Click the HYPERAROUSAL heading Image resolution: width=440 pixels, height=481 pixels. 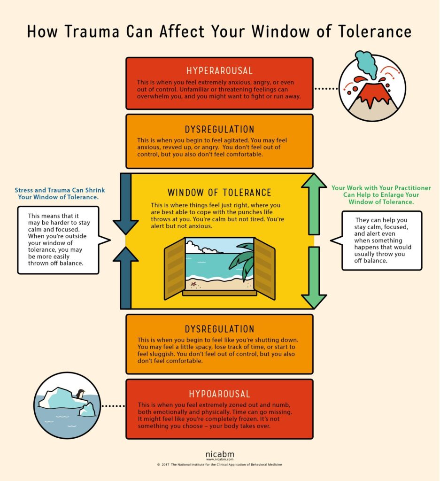pos(219,71)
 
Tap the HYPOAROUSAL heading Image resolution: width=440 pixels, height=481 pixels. pos(219,394)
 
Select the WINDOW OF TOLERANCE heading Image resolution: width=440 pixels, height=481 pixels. pos(219,193)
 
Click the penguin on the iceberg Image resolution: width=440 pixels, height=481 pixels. pos(80,395)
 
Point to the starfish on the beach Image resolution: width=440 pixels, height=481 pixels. pos(193,284)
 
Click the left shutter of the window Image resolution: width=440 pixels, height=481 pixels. pos(174,269)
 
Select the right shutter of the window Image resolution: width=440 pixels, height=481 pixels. pos(264,269)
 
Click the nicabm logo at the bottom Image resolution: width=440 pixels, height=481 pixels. pos(219,454)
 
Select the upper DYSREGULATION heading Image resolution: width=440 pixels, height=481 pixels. pos(219,129)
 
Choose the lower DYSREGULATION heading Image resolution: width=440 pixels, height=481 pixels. pos(219,329)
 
